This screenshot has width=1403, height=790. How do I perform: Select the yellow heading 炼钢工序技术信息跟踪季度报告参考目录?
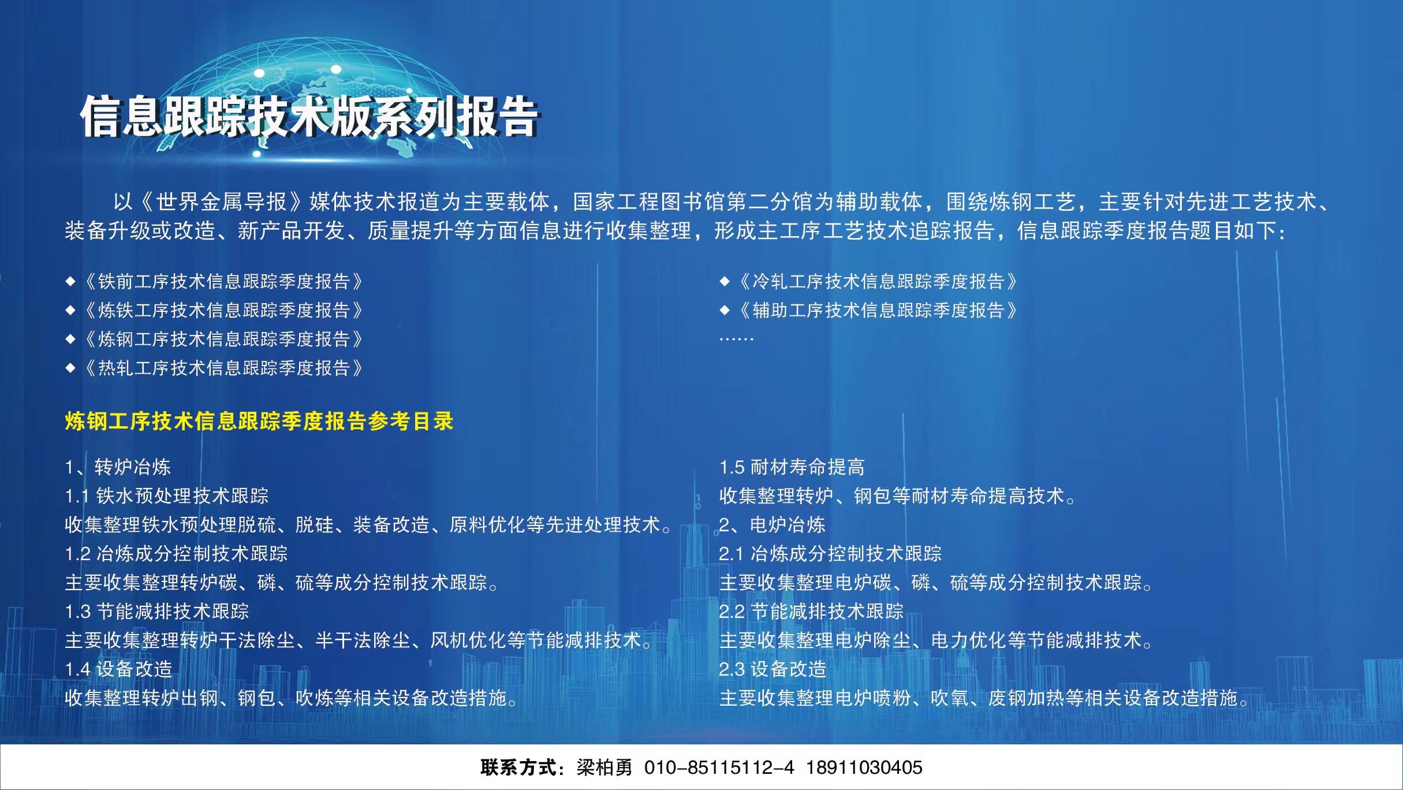point(259,421)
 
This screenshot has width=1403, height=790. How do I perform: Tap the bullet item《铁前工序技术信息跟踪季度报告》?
point(223,281)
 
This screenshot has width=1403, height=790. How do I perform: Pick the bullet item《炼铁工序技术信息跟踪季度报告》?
point(223,310)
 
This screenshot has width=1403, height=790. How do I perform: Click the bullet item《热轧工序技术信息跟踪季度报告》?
point(223,368)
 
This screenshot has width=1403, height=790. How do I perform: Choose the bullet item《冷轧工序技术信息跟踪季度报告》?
point(878,281)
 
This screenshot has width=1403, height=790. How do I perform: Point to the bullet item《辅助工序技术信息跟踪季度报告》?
point(878,310)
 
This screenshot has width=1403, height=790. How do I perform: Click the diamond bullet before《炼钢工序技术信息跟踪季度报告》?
point(70,339)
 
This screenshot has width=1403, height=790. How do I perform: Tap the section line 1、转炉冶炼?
point(118,467)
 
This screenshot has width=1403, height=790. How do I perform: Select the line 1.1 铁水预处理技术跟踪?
point(167,495)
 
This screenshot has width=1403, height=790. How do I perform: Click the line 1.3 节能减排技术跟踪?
point(157,611)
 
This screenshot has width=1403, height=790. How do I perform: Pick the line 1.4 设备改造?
point(118,669)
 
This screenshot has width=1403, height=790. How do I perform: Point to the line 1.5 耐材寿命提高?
point(792,467)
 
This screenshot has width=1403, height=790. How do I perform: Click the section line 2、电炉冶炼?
point(772,524)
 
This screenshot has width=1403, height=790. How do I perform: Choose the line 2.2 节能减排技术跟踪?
point(811,611)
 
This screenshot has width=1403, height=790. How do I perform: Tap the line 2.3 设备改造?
point(773,669)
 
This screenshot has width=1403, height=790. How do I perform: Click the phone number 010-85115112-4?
point(719,767)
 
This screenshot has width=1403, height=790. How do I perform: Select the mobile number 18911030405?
point(864,767)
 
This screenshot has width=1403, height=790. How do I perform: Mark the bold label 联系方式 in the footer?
point(517,767)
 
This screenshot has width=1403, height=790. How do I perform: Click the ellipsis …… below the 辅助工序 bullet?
point(736,339)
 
